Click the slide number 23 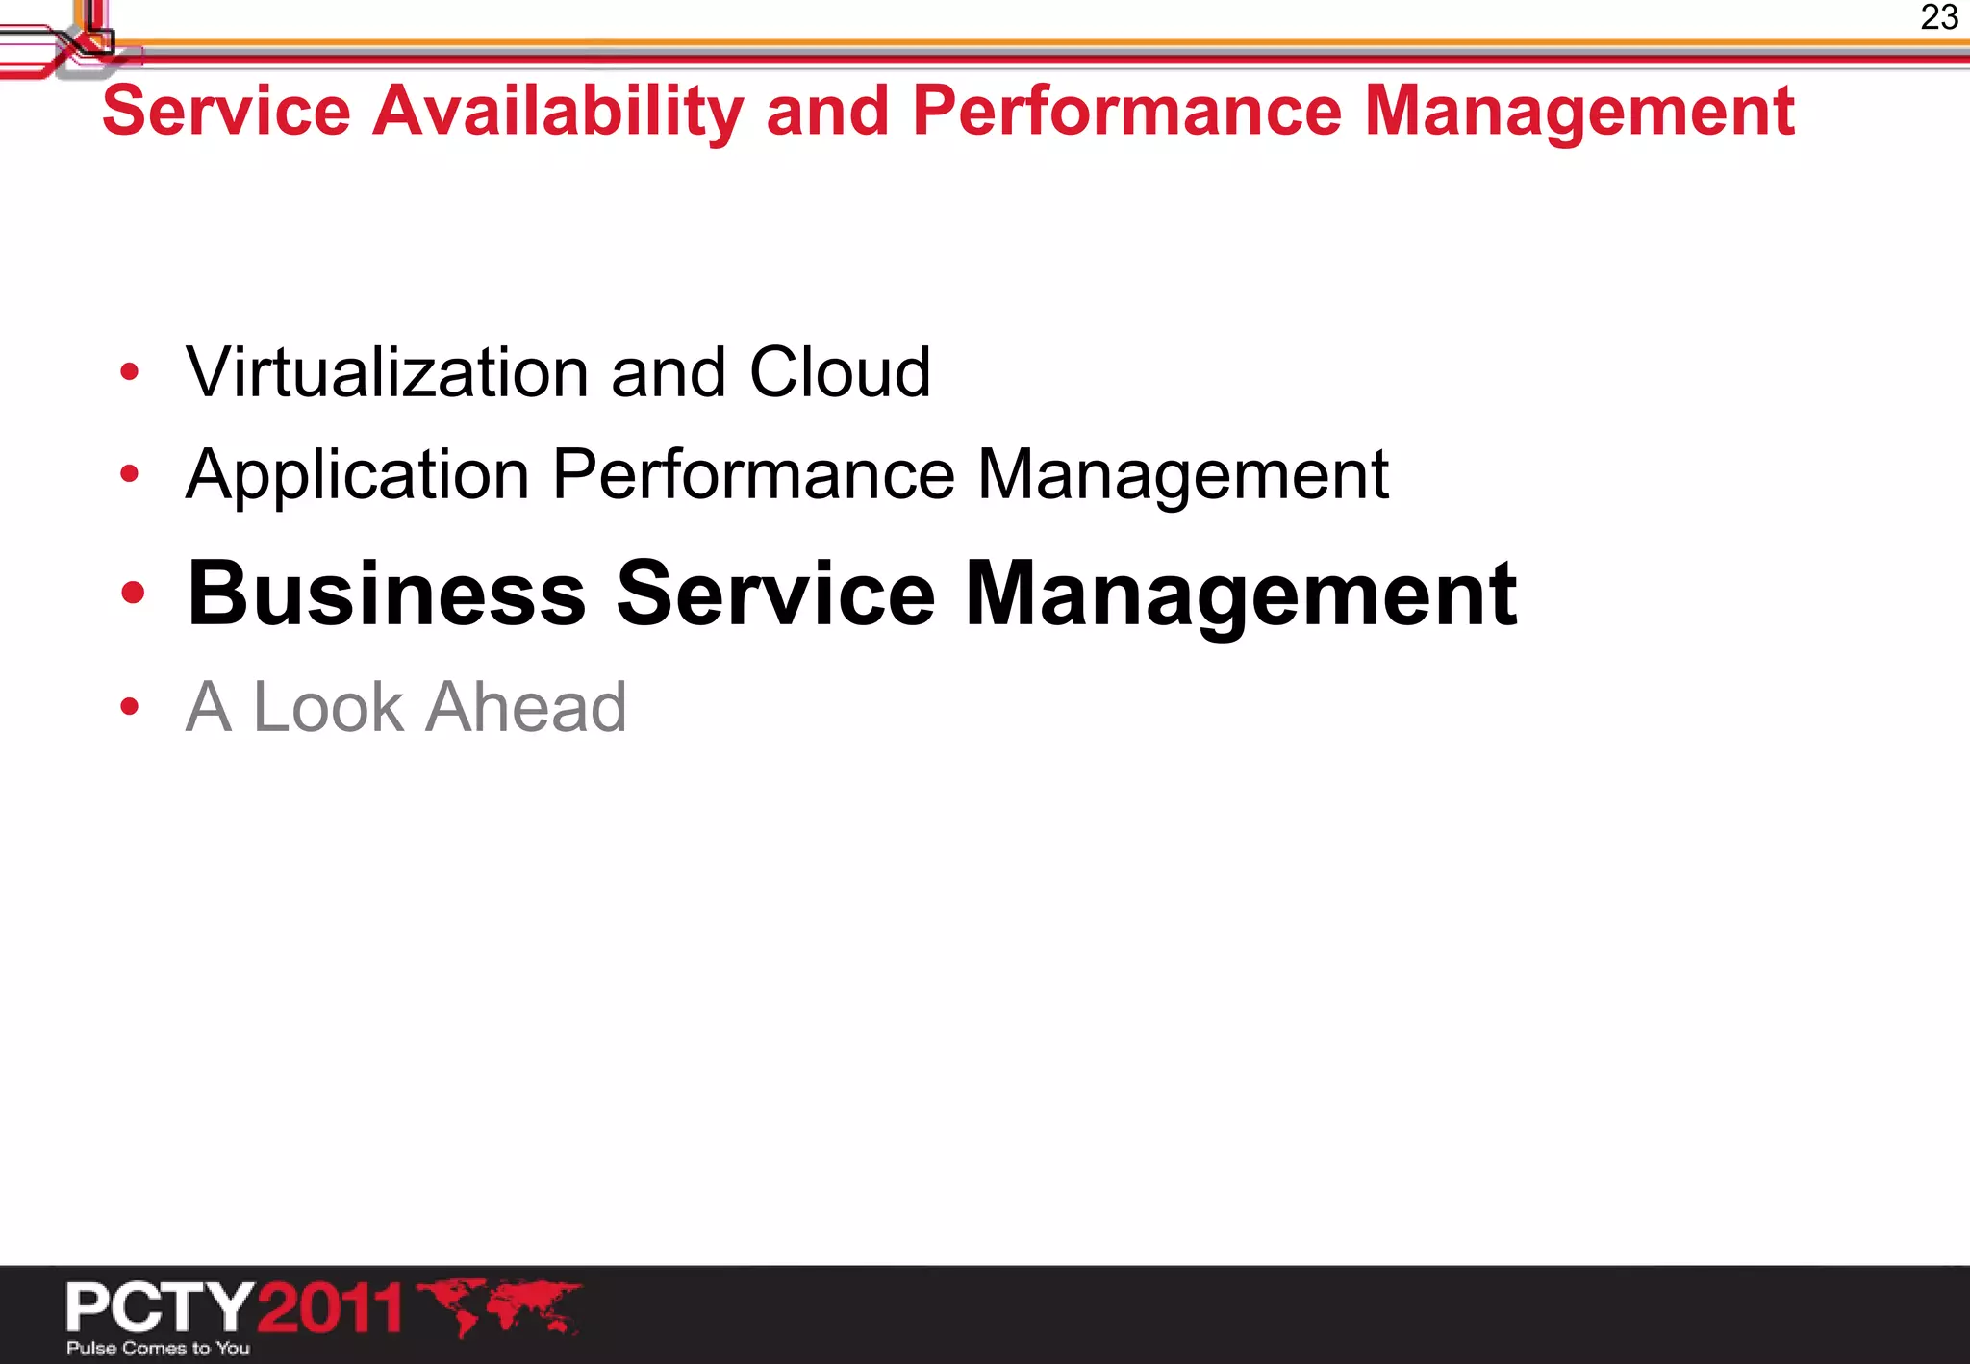[x=1938, y=17]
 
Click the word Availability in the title [x=558, y=112]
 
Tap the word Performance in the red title [x=1126, y=112]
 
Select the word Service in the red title [x=226, y=112]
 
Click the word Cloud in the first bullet [x=840, y=372]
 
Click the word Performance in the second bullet [x=753, y=475]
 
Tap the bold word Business [x=387, y=594]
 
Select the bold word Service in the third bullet [x=775, y=594]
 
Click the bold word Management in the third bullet [x=1241, y=595]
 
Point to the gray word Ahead [x=526, y=707]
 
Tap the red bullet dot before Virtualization [x=130, y=372]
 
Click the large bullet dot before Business [x=133, y=594]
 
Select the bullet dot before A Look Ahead [x=130, y=707]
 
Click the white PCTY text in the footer [x=160, y=1307]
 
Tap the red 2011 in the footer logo [x=330, y=1307]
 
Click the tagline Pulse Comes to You [x=158, y=1348]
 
